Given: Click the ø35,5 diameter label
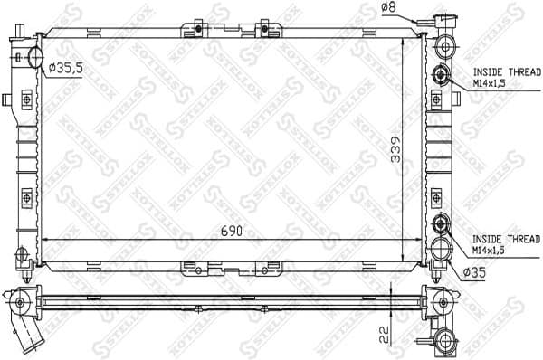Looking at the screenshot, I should pyautogui.click(x=66, y=67).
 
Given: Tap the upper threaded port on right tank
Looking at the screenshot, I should pyautogui.click(x=442, y=75).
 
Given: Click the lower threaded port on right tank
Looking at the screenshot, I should pyautogui.click(x=442, y=225).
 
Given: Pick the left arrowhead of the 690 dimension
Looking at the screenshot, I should pyautogui.click(x=47, y=240).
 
